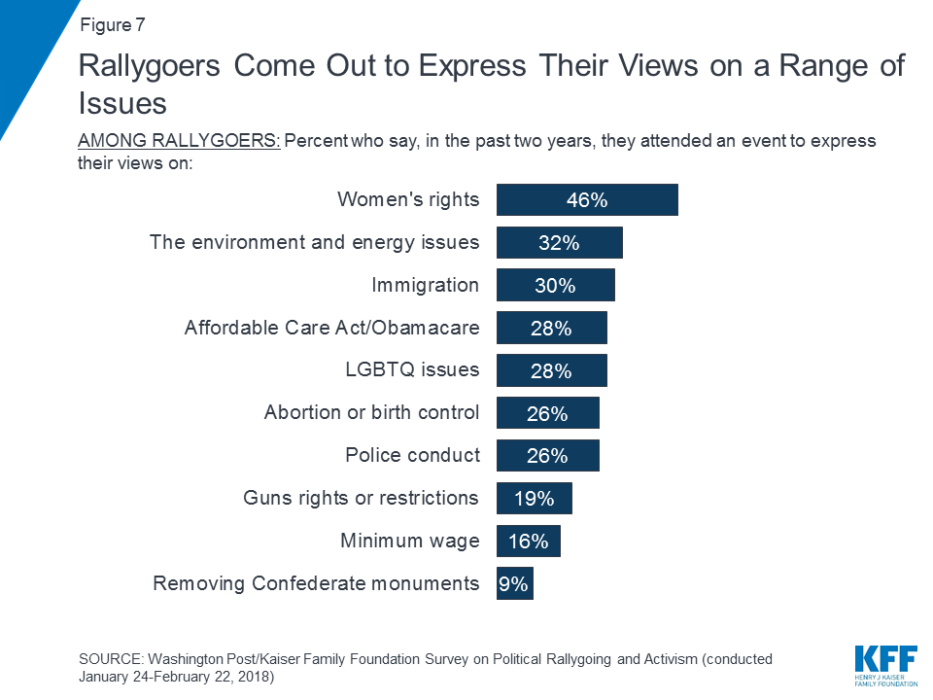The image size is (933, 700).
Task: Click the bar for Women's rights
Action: (x=587, y=200)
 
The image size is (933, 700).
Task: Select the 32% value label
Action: (x=559, y=243)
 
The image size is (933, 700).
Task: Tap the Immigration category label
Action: (x=425, y=285)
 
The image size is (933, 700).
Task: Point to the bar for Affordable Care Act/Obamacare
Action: (x=551, y=328)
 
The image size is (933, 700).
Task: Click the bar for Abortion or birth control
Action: (x=547, y=413)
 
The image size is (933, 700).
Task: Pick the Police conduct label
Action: (x=412, y=455)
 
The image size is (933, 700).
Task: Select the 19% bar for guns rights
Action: (x=534, y=498)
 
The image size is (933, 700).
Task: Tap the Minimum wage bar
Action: (x=528, y=541)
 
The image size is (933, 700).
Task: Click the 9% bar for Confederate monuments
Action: (x=514, y=583)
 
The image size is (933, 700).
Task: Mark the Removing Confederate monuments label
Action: (x=316, y=583)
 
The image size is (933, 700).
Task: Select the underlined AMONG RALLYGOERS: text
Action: (x=179, y=141)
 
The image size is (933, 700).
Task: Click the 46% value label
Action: (x=587, y=200)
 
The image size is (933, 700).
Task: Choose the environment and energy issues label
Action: (x=314, y=242)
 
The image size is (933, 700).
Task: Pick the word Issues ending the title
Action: (x=122, y=104)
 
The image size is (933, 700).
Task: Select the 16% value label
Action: (x=528, y=541)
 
